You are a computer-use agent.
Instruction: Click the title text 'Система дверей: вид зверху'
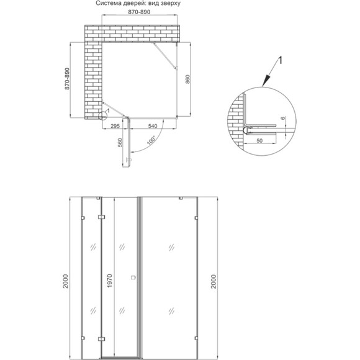[x=138, y=4]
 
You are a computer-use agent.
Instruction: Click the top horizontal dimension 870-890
[x=139, y=12]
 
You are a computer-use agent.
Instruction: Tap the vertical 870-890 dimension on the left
[x=67, y=79]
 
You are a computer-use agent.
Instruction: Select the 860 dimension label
[x=187, y=79]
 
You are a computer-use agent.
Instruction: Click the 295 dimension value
[x=115, y=126]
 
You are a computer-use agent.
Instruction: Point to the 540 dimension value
[x=153, y=126]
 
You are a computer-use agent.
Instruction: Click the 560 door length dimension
[x=120, y=142]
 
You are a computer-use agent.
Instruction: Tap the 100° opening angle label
[x=151, y=140]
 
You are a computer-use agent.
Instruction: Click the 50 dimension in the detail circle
[x=259, y=140]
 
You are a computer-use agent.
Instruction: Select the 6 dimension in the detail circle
[x=283, y=118]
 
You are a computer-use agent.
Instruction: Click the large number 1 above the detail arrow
[x=280, y=60]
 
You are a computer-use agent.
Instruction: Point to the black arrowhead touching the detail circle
[x=265, y=81]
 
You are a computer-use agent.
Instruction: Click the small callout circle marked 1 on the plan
[x=102, y=116]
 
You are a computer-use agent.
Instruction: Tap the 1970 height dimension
[x=110, y=281]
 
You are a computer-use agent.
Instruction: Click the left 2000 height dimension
[x=66, y=281]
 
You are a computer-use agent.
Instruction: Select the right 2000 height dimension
[x=214, y=281]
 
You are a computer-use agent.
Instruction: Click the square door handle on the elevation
[x=133, y=277]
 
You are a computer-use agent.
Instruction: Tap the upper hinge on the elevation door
[x=101, y=217]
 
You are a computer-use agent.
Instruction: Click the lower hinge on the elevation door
[x=101, y=339]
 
